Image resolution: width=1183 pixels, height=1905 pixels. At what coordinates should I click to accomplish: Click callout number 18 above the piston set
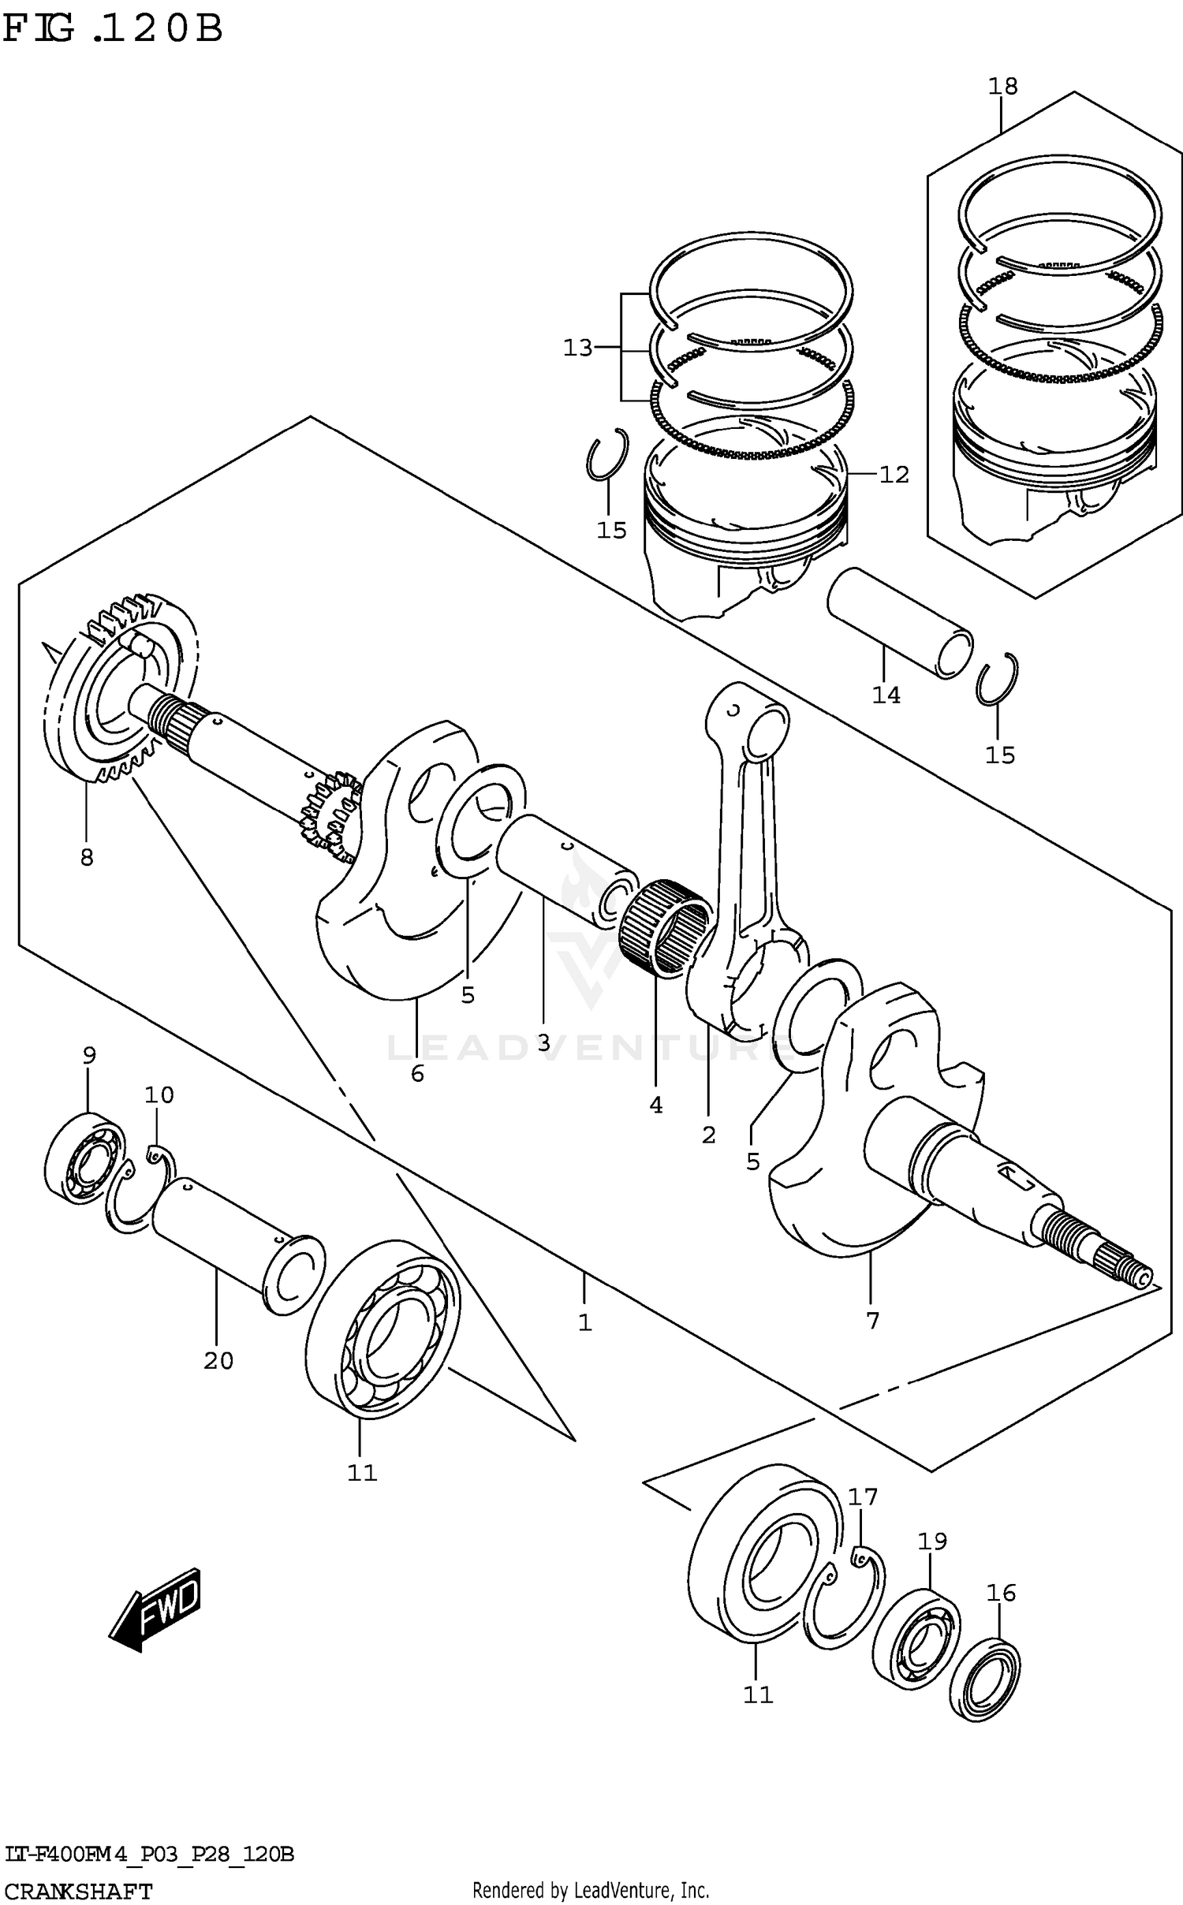click(x=1003, y=86)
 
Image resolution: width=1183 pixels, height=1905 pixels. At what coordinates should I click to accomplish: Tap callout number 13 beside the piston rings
click(x=577, y=348)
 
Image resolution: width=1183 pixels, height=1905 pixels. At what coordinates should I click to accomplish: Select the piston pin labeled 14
click(x=899, y=624)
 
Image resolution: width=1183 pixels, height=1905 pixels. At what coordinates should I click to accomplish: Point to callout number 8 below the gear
click(x=87, y=857)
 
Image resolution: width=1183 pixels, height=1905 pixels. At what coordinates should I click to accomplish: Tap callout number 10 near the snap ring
click(x=159, y=1094)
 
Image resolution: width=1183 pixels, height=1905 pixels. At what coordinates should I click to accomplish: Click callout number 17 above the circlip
click(x=863, y=1497)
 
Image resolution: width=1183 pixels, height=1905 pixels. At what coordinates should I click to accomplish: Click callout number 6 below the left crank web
click(x=417, y=1073)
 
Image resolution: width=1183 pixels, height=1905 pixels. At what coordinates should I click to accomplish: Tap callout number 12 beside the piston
click(x=894, y=475)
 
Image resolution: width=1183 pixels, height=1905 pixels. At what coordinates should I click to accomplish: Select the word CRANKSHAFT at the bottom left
click(x=78, y=1891)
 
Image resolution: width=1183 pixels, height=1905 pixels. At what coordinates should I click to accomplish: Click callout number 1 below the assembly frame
click(x=584, y=1322)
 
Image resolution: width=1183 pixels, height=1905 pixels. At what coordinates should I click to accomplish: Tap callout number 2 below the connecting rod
click(x=708, y=1135)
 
